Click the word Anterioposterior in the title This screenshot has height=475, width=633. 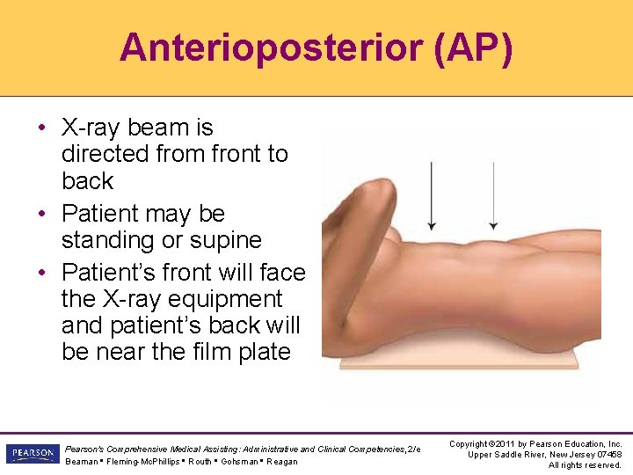click(271, 47)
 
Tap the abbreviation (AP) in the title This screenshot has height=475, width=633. click(472, 47)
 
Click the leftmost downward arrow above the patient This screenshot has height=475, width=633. click(433, 194)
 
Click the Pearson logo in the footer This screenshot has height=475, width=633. click(31, 454)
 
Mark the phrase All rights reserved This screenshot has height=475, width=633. click(585, 465)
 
